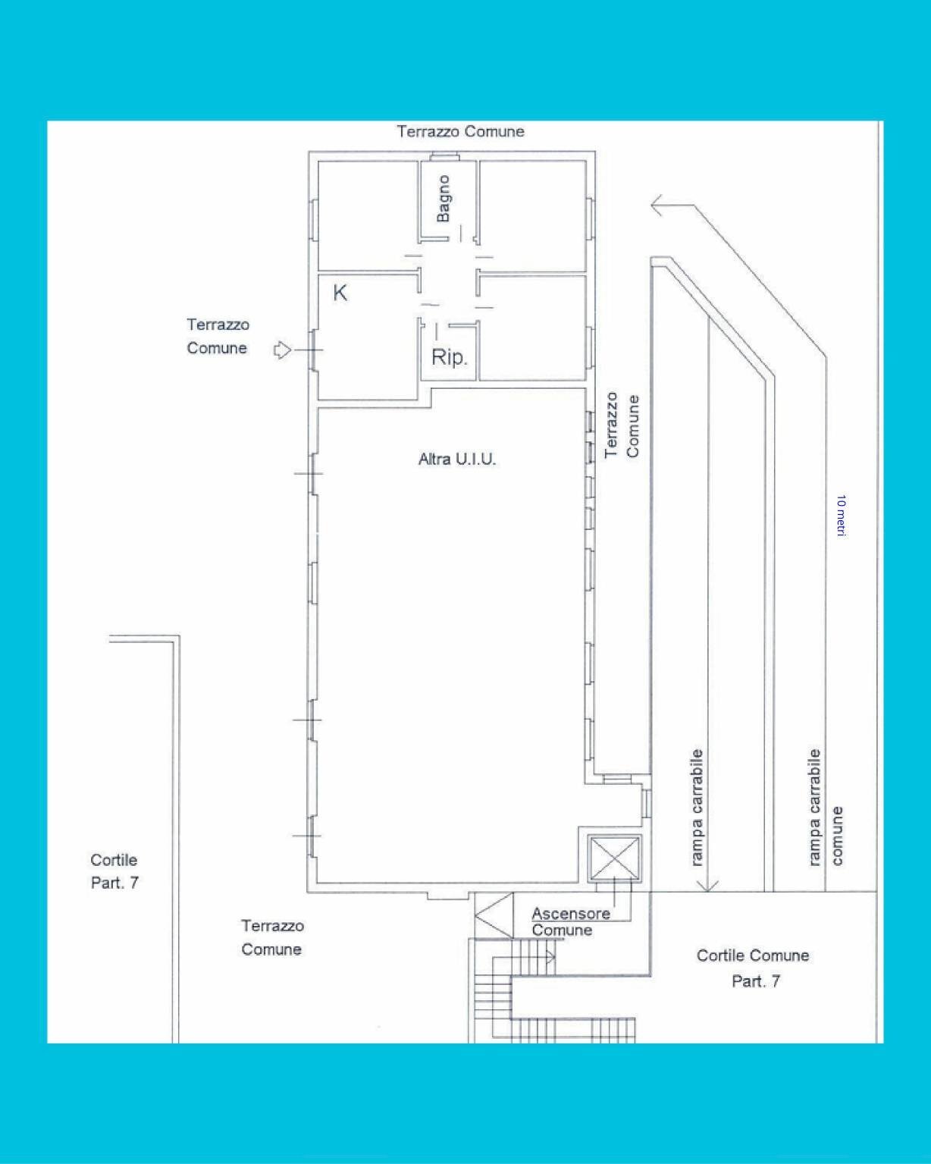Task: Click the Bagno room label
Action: pos(444,199)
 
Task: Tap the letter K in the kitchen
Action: pos(340,293)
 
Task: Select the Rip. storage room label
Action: pos(449,357)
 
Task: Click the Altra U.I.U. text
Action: pos(457,459)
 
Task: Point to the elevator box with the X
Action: pos(614,858)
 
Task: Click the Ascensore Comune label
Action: pos(570,921)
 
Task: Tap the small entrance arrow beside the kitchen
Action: pos(282,350)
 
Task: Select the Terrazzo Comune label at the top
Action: pos(460,131)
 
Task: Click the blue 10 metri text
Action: pos(841,516)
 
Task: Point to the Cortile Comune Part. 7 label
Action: pos(753,968)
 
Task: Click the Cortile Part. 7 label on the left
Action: pos(114,871)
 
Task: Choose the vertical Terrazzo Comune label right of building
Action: pos(622,425)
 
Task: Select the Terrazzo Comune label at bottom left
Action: pos(271,937)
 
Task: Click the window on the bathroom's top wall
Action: pos(444,157)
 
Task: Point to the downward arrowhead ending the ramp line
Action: pos(707,885)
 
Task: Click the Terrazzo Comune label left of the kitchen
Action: pos(218,336)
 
